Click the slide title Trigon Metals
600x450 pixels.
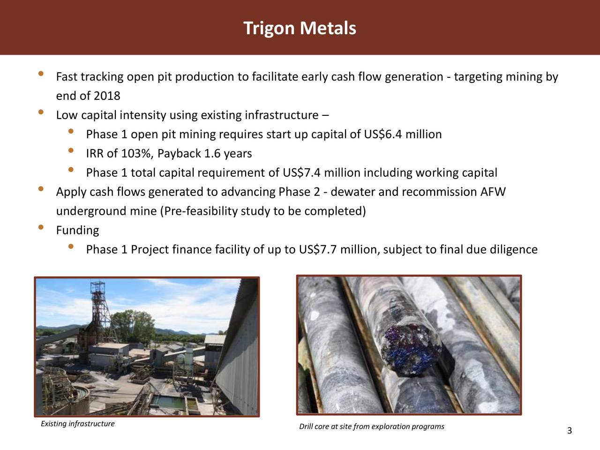(x=300, y=28)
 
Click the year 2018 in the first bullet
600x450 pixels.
(x=107, y=96)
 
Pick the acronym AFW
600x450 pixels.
(x=493, y=192)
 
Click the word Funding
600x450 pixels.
(x=77, y=231)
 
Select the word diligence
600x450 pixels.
(x=513, y=250)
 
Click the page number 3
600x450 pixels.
(x=569, y=431)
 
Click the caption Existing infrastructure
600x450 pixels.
(x=77, y=424)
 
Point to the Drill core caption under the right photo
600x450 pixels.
(x=371, y=427)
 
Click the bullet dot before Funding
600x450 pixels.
(x=41, y=228)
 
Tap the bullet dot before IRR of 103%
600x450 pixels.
(x=71, y=150)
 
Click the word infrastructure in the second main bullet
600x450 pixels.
(x=281, y=115)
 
